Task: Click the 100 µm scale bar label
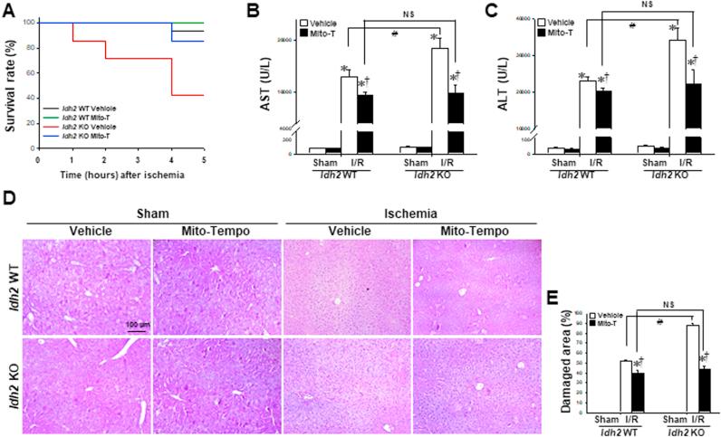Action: tap(138, 322)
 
